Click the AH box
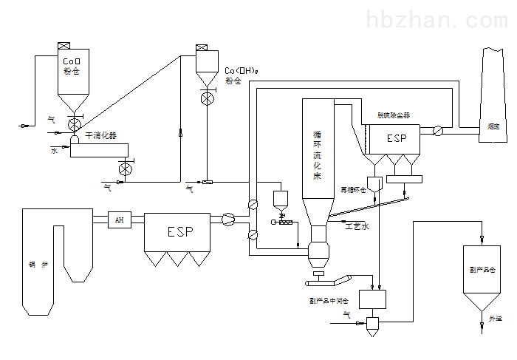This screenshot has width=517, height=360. (x=119, y=220)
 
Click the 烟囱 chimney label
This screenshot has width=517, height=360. (x=494, y=127)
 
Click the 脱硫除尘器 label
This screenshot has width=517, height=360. (x=394, y=116)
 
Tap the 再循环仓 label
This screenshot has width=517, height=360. (x=352, y=190)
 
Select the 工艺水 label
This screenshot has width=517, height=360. (x=357, y=227)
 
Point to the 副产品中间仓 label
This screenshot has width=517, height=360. (x=329, y=300)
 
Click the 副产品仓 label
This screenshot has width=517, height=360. (x=482, y=270)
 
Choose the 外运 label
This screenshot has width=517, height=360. (x=495, y=319)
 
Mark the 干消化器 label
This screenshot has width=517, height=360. (x=100, y=136)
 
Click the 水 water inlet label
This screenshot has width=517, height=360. (x=53, y=151)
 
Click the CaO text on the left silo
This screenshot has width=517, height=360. (x=71, y=61)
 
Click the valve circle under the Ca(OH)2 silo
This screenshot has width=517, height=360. (x=208, y=96)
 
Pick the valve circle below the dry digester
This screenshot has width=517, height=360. (x=125, y=170)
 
